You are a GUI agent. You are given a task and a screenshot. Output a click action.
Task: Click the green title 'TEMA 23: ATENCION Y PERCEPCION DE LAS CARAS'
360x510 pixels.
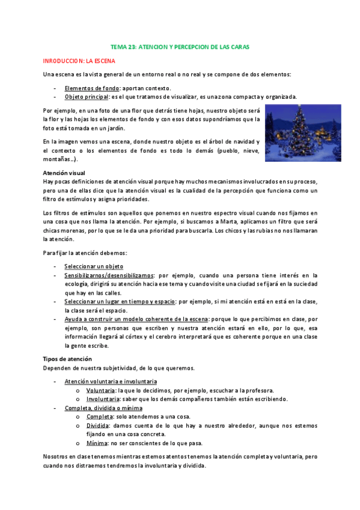coord(180,46)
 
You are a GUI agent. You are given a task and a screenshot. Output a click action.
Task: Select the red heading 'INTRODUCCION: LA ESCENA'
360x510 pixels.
coord(79,61)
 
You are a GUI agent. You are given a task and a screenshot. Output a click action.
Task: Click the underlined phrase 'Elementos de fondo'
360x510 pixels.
coord(92,88)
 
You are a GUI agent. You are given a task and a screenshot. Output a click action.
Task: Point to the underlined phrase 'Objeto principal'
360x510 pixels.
coord(87,97)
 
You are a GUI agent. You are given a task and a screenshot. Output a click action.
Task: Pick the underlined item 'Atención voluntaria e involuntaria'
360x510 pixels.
coord(111,381)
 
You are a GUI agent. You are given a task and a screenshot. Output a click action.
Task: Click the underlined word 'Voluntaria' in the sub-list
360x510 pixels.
coord(100,390)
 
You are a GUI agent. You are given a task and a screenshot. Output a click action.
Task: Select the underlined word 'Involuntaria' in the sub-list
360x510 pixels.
coord(102,399)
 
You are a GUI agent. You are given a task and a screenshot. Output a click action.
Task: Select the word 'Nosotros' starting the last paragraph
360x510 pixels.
coord(55,457)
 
